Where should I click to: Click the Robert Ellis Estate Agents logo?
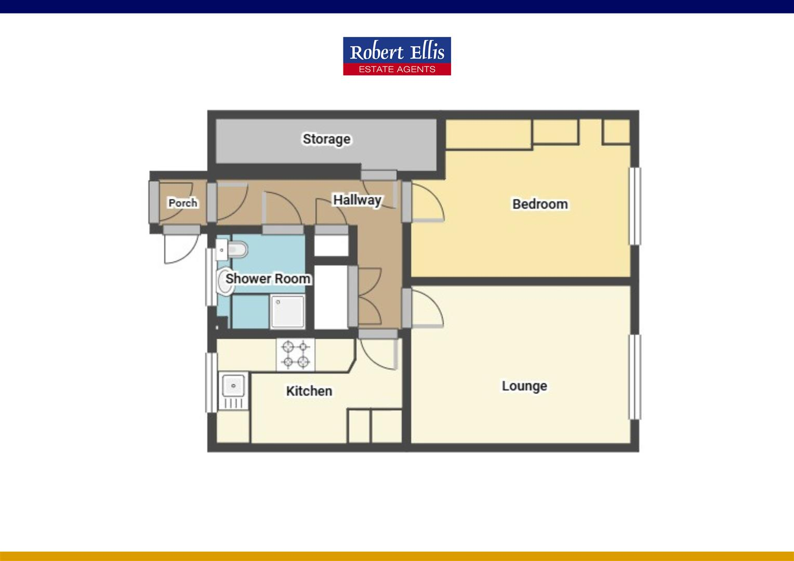pyautogui.click(x=397, y=56)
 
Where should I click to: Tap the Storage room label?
pyautogui.click(x=326, y=139)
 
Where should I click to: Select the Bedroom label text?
pyautogui.click(x=540, y=204)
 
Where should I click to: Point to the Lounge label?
pyautogui.click(x=524, y=386)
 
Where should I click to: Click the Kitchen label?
pyautogui.click(x=309, y=391)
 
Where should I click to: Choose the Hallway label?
pyautogui.click(x=357, y=200)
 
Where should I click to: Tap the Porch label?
pyautogui.click(x=183, y=203)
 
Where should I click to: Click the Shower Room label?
pyautogui.click(x=268, y=279)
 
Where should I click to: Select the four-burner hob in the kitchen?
pyautogui.click(x=296, y=355)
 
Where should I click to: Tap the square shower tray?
pyautogui.click(x=287, y=312)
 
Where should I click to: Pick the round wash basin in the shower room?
pyautogui.click(x=224, y=283)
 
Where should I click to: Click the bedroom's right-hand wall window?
pyautogui.click(x=635, y=206)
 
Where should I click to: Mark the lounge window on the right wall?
pyautogui.click(x=635, y=377)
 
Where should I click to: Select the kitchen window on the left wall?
pyautogui.click(x=211, y=382)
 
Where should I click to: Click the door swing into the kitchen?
pyautogui.click(x=378, y=353)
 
